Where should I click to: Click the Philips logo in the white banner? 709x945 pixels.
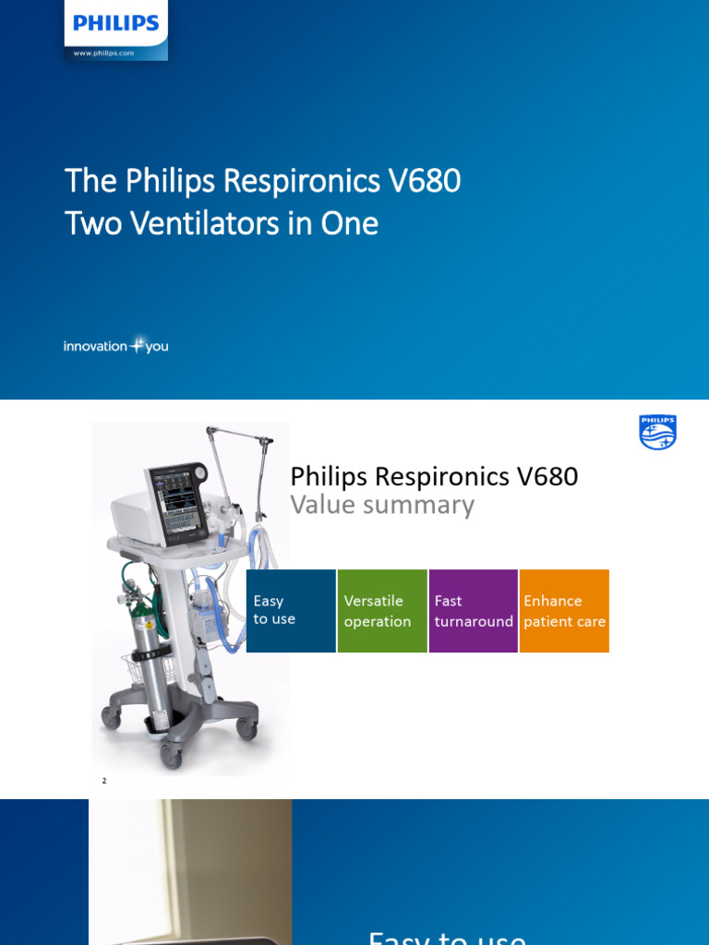tap(116, 24)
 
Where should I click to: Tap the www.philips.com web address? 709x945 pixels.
tap(103, 53)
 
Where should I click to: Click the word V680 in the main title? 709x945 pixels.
tap(425, 181)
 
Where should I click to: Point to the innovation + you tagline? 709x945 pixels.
tap(115, 346)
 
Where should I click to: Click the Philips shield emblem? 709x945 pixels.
tap(657, 432)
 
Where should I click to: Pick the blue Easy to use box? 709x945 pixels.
tap(291, 611)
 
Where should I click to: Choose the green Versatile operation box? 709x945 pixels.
tap(382, 611)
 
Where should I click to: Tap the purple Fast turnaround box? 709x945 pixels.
tap(473, 611)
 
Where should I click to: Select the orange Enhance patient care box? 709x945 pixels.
tap(564, 611)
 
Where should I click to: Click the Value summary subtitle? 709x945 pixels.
tap(382, 505)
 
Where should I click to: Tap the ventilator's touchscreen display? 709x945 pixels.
tap(178, 503)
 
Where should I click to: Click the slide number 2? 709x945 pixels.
tap(104, 781)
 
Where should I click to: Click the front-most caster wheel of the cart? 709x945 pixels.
tap(172, 755)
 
